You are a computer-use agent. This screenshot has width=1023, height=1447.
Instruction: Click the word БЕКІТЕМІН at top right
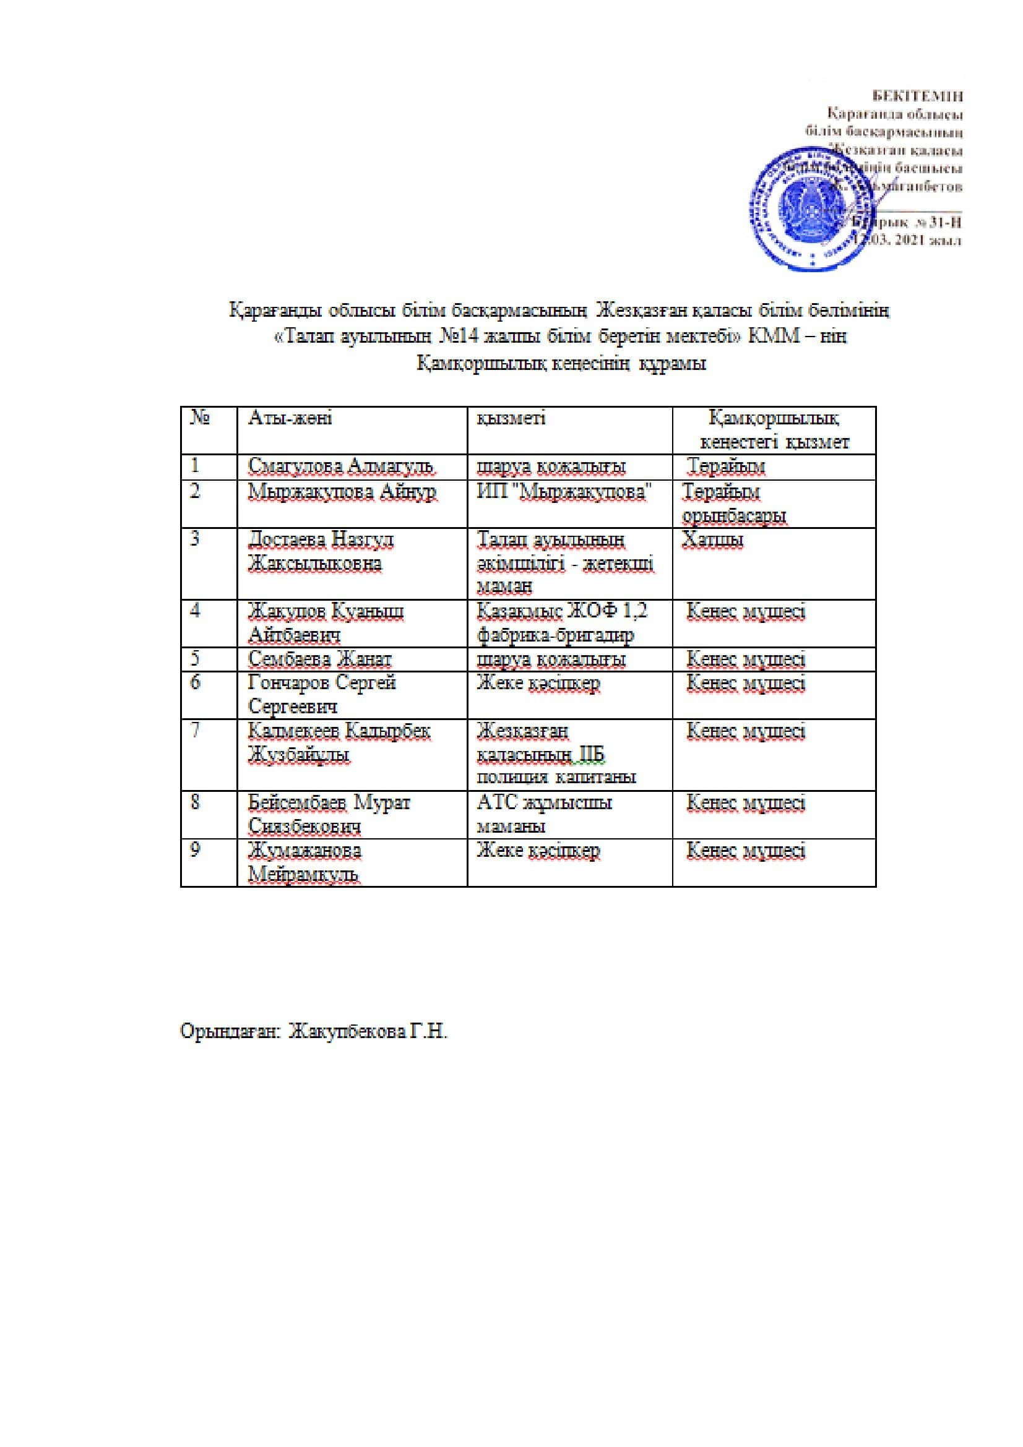917,97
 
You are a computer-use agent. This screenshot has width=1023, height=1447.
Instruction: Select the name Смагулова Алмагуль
340,466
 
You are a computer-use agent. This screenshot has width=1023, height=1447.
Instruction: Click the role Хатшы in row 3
712,539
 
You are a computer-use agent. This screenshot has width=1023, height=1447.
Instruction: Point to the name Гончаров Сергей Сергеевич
321,695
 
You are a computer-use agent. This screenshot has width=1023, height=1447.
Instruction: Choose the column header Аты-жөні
290,418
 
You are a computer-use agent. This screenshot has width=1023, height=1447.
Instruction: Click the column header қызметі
511,418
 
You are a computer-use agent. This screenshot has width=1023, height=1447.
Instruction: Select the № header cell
200,418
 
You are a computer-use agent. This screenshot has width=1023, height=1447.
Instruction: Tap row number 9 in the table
196,849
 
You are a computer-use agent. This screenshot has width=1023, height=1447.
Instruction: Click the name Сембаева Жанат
319,659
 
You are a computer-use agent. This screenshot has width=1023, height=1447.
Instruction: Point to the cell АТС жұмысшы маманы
543,814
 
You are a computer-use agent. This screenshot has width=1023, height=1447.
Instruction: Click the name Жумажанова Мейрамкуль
304,862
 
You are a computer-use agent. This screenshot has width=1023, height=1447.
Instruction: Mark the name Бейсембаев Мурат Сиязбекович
329,814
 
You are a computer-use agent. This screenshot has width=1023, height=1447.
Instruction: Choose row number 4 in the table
196,610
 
